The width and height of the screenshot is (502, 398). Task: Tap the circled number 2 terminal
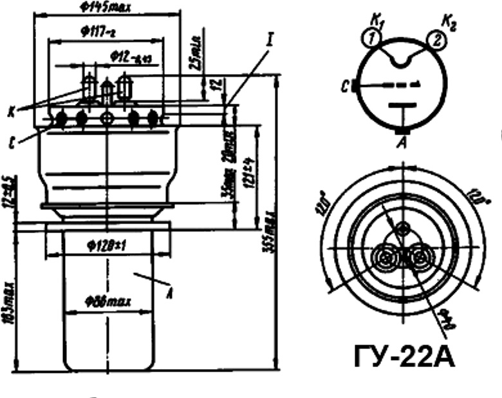click(x=436, y=41)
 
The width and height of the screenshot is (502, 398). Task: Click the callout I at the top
click(x=270, y=41)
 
